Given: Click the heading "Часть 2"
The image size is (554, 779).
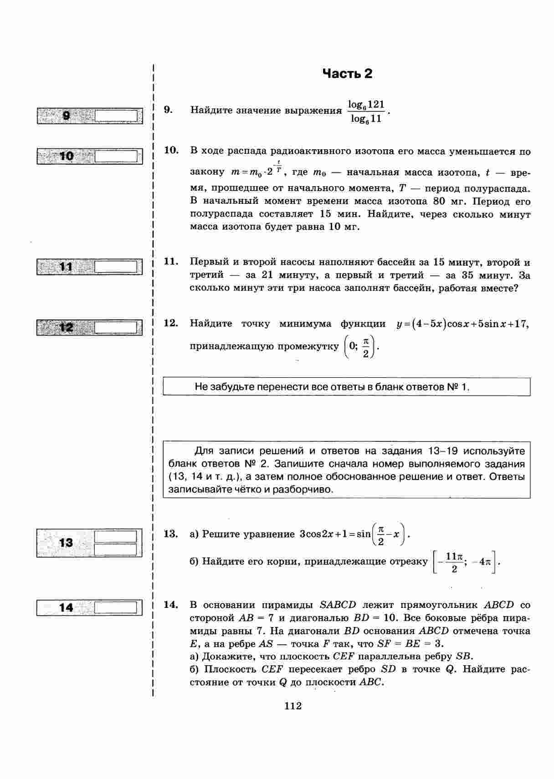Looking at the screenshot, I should click(347, 74).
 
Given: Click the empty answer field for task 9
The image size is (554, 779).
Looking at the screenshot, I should click(117, 116).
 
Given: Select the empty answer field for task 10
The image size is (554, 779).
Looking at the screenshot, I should click(117, 157).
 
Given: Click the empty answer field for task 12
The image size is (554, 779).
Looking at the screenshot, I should click(117, 328).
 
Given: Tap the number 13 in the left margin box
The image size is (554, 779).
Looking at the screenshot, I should click(66, 542).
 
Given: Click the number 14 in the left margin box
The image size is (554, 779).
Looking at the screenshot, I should click(66, 607).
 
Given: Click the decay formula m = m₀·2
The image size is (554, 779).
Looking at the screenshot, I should click(257, 172).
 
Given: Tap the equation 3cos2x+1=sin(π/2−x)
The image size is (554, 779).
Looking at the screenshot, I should click(354, 535).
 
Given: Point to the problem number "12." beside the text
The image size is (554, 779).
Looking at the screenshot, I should click(171, 324).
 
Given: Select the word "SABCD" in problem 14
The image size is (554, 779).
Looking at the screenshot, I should click(338, 605).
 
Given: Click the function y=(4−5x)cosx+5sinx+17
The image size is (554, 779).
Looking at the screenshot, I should click(463, 324).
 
